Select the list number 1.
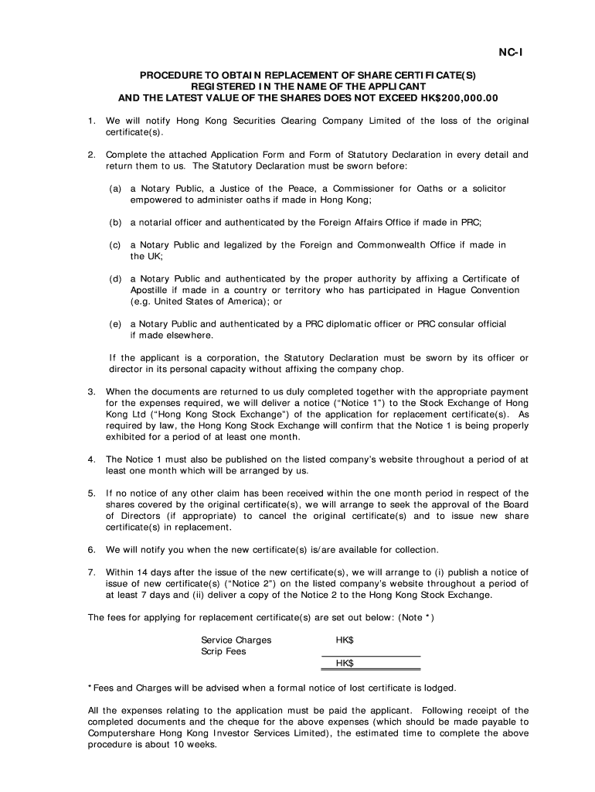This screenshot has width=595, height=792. click(91, 121)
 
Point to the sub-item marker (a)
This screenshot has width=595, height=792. click(115, 189)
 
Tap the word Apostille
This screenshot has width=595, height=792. click(151, 290)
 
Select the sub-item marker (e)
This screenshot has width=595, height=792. click(115, 324)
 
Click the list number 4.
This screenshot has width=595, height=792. click(91, 459)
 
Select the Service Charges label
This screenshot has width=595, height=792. click(236, 640)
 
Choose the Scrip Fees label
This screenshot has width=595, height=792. click(223, 651)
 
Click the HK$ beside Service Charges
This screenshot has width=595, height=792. click(345, 640)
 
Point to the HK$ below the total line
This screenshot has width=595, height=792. click(345, 664)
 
